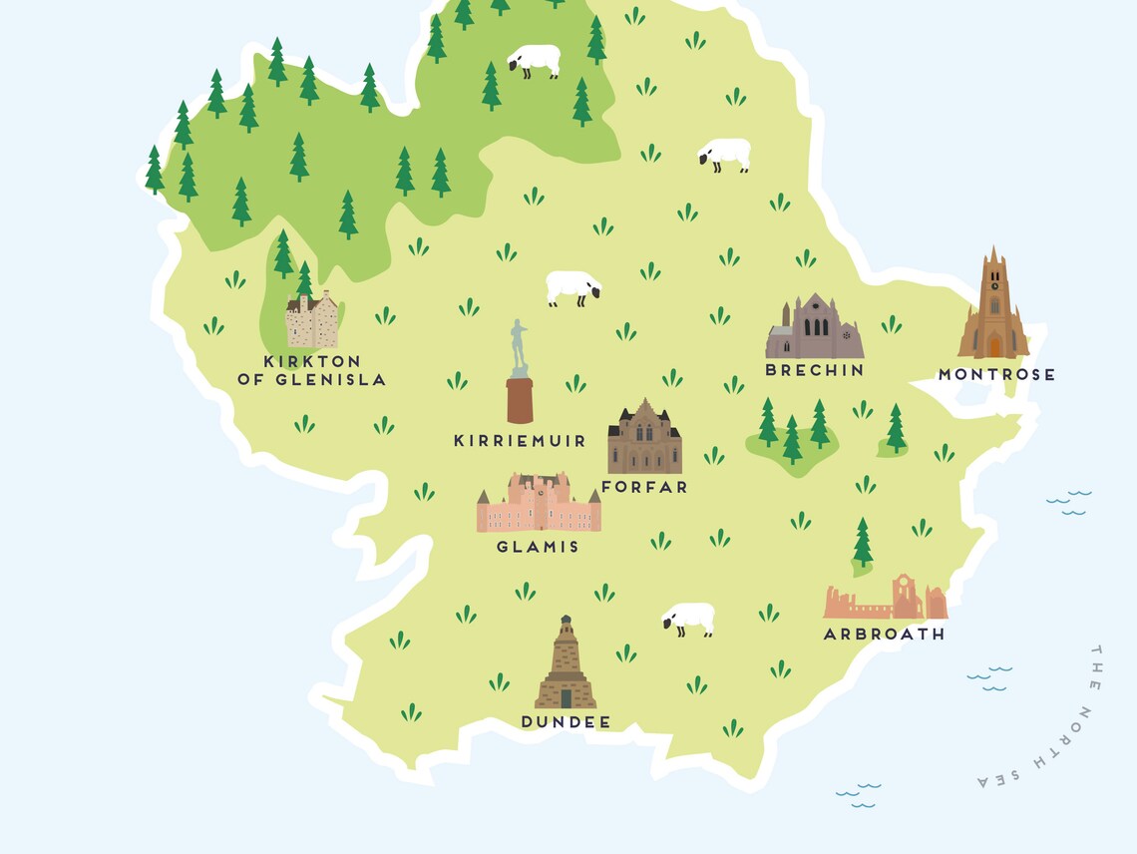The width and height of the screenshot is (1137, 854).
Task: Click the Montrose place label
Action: pos(995,375)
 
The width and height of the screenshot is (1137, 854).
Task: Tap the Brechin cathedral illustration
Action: pos(814,328)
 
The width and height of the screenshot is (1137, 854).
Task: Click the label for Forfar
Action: pos(644,487)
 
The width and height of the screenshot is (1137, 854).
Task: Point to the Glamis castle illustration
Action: pos(538,505)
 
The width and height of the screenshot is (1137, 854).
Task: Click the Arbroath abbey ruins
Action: pos(886,601)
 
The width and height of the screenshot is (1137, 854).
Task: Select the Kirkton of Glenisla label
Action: pos(311,370)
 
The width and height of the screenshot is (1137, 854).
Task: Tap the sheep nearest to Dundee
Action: pos(689,619)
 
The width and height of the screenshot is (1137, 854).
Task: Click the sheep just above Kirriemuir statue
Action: pos(573,288)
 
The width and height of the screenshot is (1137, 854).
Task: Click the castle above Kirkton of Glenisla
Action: pos(311,319)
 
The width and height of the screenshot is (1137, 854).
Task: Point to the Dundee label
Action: pos(566,722)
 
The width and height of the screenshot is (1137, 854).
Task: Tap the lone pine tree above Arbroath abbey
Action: pos(862,543)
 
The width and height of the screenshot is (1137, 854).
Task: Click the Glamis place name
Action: pos(538,547)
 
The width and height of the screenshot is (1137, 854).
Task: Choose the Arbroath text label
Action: pos(884,634)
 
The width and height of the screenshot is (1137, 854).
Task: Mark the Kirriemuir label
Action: pos(520,440)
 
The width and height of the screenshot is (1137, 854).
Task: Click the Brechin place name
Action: pos(814,370)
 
